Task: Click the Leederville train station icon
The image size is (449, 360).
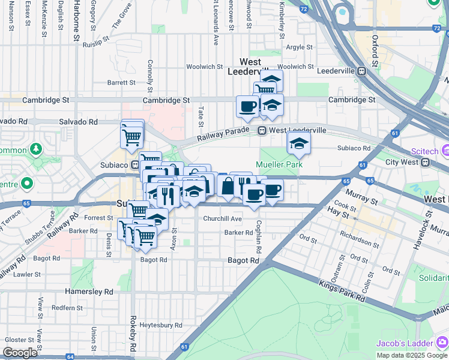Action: [x=362, y=71]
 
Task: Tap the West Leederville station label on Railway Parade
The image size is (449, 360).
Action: [x=298, y=130]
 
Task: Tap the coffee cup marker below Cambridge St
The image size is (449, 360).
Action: [x=247, y=107]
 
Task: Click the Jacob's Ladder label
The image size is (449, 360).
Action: [x=406, y=343]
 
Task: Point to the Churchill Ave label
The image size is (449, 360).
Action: [x=222, y=219]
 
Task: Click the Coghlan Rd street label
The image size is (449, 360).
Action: [x=259, y=237]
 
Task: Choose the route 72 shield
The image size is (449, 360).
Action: [x=304, y=9]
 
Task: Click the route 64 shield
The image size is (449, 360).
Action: [x=70, y=356]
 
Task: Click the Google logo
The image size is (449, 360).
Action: [x=20, y=353]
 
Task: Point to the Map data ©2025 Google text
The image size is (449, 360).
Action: [x=412, y=355]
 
